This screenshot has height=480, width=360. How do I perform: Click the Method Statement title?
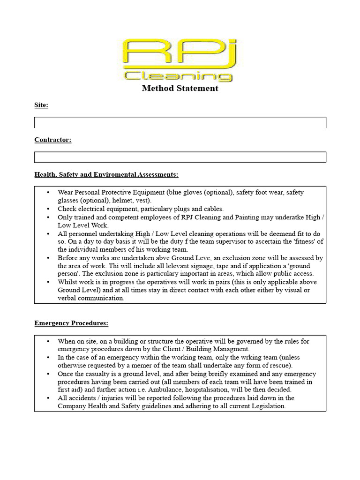pyautogui.click(x=180, y=88)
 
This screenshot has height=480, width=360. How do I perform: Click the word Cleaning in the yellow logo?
pyautogui.click(x=179, y=75)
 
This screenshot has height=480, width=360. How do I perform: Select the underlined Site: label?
pyautogui.click(x=41, y=105)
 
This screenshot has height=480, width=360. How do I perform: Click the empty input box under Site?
pyautogui.click(x=180, y=122)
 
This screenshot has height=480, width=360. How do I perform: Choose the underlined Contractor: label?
pyautogui.click(x=52, y=140)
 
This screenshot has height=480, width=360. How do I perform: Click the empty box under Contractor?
pyautogui.click(x=180, y=157)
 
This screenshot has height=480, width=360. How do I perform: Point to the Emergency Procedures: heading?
pyautogui.click(x=71, y=323)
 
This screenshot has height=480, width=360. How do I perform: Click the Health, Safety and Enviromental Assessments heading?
pyautogui.click(x=106, y=174)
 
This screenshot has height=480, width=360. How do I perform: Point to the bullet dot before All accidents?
pyautogui.click(x=49, y=398)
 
